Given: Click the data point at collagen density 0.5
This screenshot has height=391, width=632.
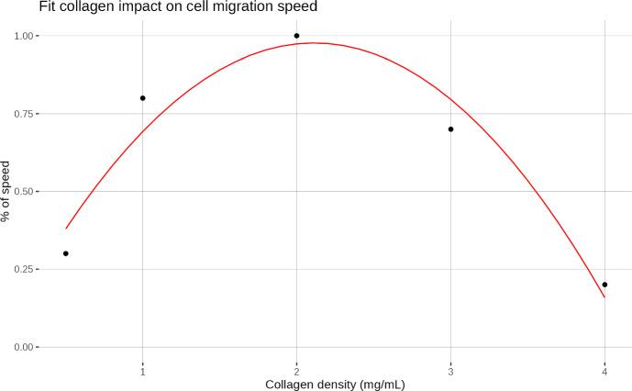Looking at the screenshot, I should (x=66, y=253).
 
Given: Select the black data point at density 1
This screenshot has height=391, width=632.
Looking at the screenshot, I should (x=143, y=98).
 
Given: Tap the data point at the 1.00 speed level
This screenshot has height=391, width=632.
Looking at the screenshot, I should (x=296, y=36).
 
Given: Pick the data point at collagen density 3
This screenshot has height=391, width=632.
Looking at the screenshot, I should (x=450, y=129).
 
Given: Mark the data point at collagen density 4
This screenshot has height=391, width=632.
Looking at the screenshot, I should (x=604, y=285).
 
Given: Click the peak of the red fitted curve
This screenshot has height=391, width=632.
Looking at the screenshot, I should (x=312, y=43).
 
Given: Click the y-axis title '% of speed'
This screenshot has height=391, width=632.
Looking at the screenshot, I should (x=8, y=192).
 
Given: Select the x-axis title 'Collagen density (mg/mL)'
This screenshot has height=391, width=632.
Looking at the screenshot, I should (x=335, y=384).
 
